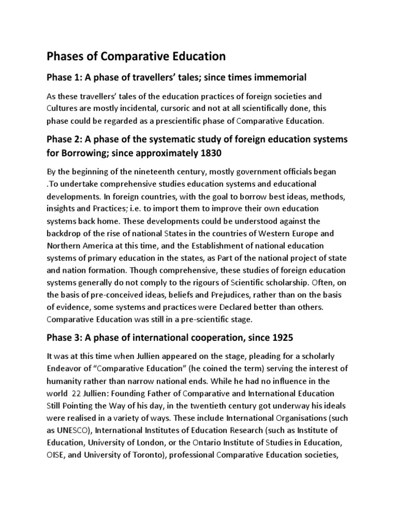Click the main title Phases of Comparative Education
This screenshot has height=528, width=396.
(x=136, y=55)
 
